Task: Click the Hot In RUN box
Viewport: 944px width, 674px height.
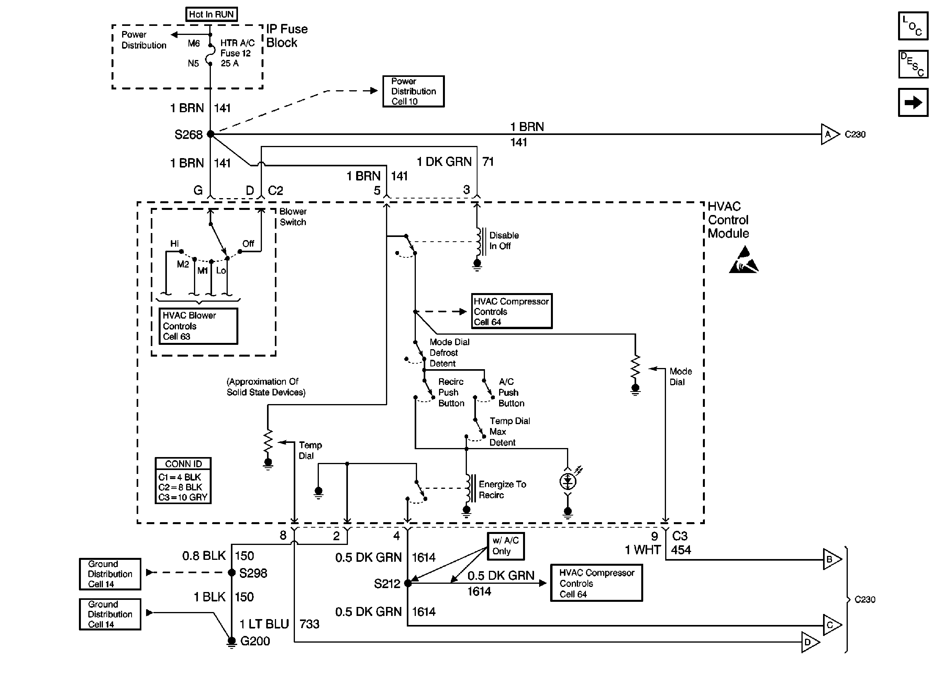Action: (x=211, y=14)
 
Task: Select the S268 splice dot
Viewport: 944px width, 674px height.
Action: (x=210, y=134)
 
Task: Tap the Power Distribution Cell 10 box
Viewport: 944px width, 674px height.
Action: (x=413, y=91)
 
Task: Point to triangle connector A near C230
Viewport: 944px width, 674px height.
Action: (x=829, y=134)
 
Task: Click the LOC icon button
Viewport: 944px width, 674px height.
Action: (x=913, y=26)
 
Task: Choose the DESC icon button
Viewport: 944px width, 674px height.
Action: (x=913, y=64)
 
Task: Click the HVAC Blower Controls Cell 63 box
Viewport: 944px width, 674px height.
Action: (x=198, y=326)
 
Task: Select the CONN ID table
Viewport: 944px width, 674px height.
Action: (x=183, y=481)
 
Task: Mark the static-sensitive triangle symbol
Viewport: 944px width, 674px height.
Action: (x=743, y=260)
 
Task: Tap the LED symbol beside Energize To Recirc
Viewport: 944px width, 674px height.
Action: (x=568, y=481)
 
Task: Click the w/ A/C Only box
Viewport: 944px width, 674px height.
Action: (x=505, y=546)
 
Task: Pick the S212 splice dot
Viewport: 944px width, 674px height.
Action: (x=408, y=583)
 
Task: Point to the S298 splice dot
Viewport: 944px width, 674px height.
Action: (x=232, y=573)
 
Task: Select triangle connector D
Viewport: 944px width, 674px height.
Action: (x=809, y=642)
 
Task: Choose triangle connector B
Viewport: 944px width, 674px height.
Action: (x=831, y=559)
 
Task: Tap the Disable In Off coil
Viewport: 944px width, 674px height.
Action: (x=479, y=242)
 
